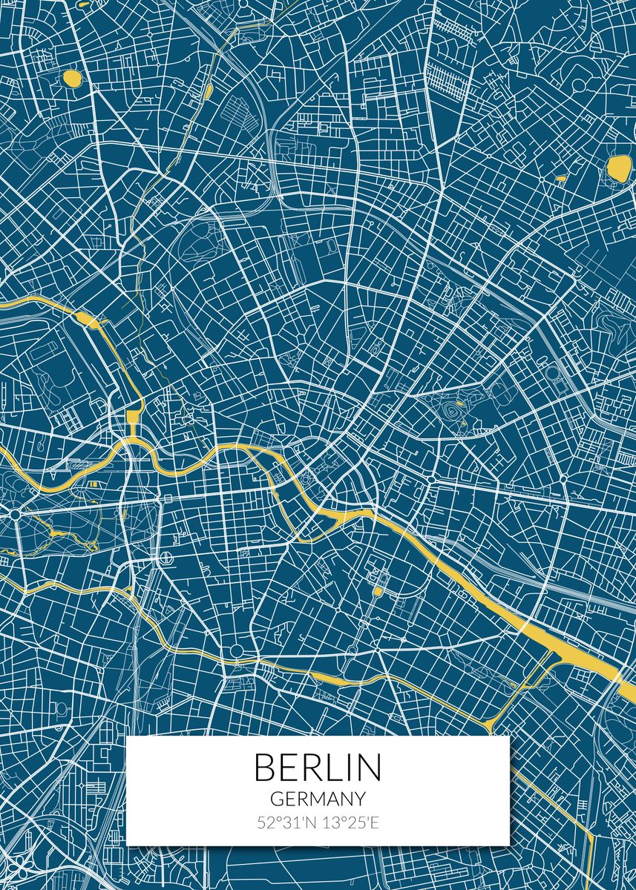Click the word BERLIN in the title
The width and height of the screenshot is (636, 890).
point(318,768)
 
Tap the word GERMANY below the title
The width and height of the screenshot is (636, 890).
point(318,799)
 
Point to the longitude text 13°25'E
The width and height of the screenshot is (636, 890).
point(350,823)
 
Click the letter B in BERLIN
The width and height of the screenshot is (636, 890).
point(264,768)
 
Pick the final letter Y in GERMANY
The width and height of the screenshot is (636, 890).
point(360,799)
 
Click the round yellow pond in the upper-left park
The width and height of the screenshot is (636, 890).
point(72,77)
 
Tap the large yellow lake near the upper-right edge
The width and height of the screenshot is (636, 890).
point(617,168)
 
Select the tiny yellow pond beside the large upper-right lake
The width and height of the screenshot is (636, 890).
point(560,178)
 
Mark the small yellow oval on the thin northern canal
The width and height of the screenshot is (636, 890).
point(209,91)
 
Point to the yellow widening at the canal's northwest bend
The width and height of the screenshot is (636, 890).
point(89,320)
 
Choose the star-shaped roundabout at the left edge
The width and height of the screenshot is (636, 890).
point(14,512)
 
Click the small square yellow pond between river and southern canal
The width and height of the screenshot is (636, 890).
point(377,591)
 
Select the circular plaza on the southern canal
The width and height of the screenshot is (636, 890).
point(236,651)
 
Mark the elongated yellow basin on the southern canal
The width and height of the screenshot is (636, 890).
point(338,678)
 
